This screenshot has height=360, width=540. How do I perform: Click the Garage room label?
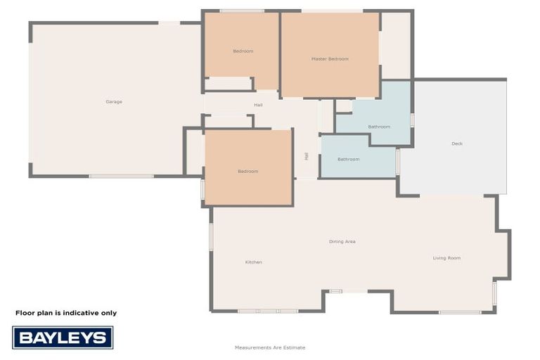[x=114, y=102]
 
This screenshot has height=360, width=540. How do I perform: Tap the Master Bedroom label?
[x=330, y=59]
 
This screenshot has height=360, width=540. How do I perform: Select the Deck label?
[x=457, y=144]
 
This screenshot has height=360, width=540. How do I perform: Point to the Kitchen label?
[x=253, y=262]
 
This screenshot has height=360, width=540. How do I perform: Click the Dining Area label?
[x=342, y=242]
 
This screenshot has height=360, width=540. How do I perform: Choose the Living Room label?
[x=446, y=258]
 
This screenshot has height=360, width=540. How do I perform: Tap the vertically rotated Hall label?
[x=307, y=156]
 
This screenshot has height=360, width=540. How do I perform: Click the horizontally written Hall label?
[x=258, y=105]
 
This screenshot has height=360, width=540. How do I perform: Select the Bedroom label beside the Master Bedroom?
[x=243, y=51]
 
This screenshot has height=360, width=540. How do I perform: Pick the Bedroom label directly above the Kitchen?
[x=247, y=172]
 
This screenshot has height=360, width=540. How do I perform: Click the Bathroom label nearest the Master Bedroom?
[x=379, y=127]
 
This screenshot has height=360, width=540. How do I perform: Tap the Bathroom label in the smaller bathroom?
[x=348, y=160]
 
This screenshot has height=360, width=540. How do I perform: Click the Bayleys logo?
[x=63, y=337]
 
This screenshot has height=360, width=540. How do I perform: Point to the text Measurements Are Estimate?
[x=270, y=347]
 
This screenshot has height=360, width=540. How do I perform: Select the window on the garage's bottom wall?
[x=121, y=176]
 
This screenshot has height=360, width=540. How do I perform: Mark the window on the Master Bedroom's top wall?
[x=332, y=11]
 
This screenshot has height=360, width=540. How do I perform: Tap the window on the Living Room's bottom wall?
[x=460, y=312]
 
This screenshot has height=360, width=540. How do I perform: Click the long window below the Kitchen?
[x=267, y=311]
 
